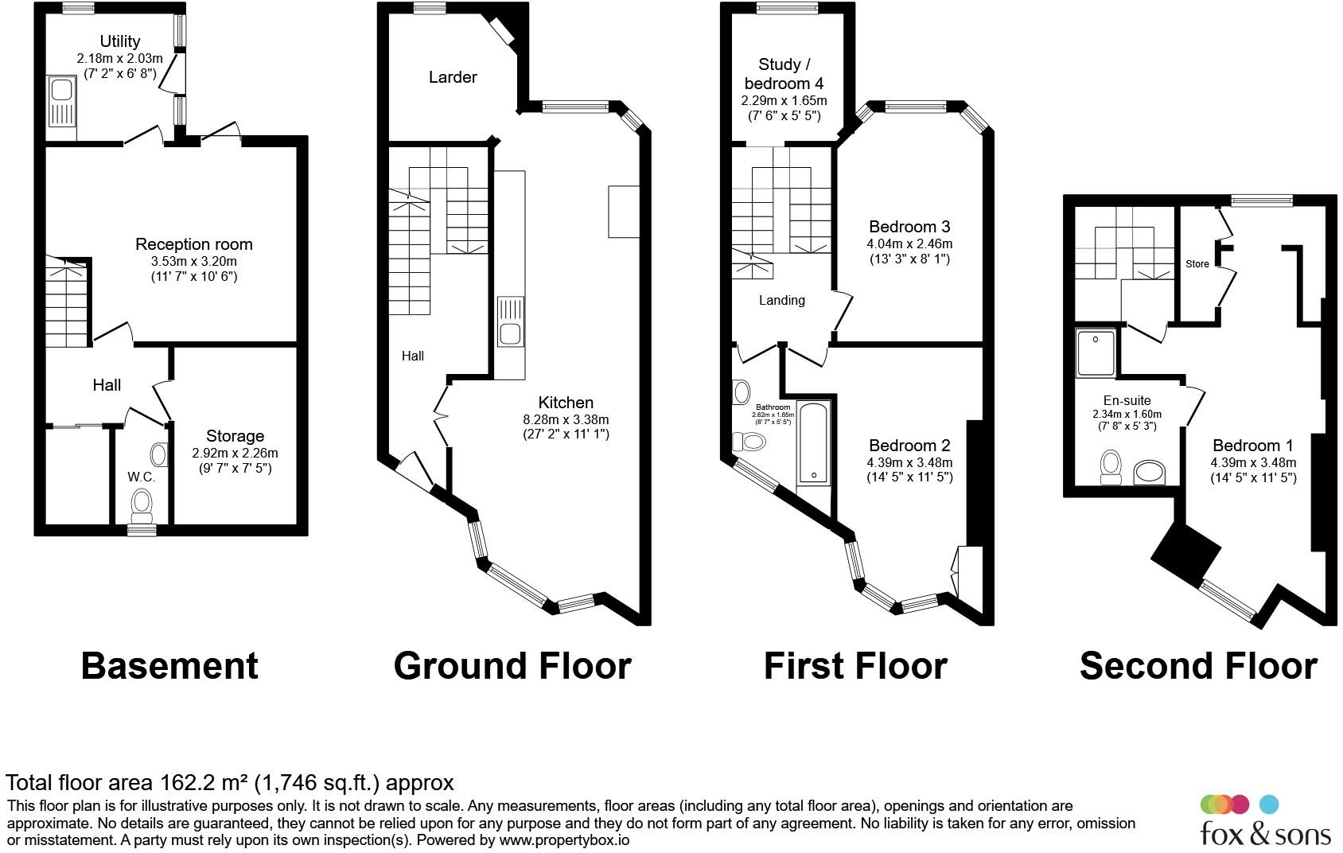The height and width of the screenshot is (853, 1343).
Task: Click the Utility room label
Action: tap(119, 41)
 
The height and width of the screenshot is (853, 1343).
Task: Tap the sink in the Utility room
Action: tap(60, 101)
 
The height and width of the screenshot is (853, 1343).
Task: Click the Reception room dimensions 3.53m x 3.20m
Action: tap(194, 261)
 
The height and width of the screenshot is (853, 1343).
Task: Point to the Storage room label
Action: tap(235, 436)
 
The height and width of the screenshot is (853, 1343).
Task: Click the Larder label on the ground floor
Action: tap(453, 77)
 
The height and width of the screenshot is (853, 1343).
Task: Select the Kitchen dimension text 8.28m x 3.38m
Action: tap(566, 419)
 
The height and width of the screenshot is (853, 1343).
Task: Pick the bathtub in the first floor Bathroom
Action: tap(813, 444)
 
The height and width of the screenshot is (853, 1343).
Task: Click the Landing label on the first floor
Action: tap(781, 300)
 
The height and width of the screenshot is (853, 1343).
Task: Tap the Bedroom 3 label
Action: tap(909, 227)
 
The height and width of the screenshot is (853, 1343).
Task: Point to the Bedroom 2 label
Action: tap(909, 446)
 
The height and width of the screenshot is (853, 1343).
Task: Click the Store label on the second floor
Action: tap(1197, 264)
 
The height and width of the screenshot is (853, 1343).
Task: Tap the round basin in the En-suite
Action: tap(1147, 473)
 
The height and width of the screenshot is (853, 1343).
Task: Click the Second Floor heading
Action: tap(1197, 666)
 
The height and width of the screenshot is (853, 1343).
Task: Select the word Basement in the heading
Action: tap(169, 666)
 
